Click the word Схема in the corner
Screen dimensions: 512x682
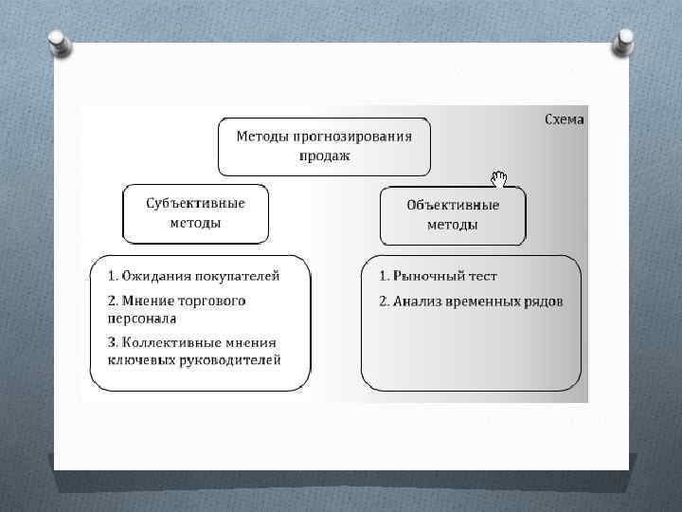[565, 120]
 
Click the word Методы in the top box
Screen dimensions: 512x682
[261, 136]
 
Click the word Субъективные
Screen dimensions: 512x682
[196, 204]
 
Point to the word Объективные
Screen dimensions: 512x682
[453, 206]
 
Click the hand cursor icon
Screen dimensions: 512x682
[499, 178]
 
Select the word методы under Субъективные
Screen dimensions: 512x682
[196, 224]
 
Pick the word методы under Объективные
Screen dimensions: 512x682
[453, 226]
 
